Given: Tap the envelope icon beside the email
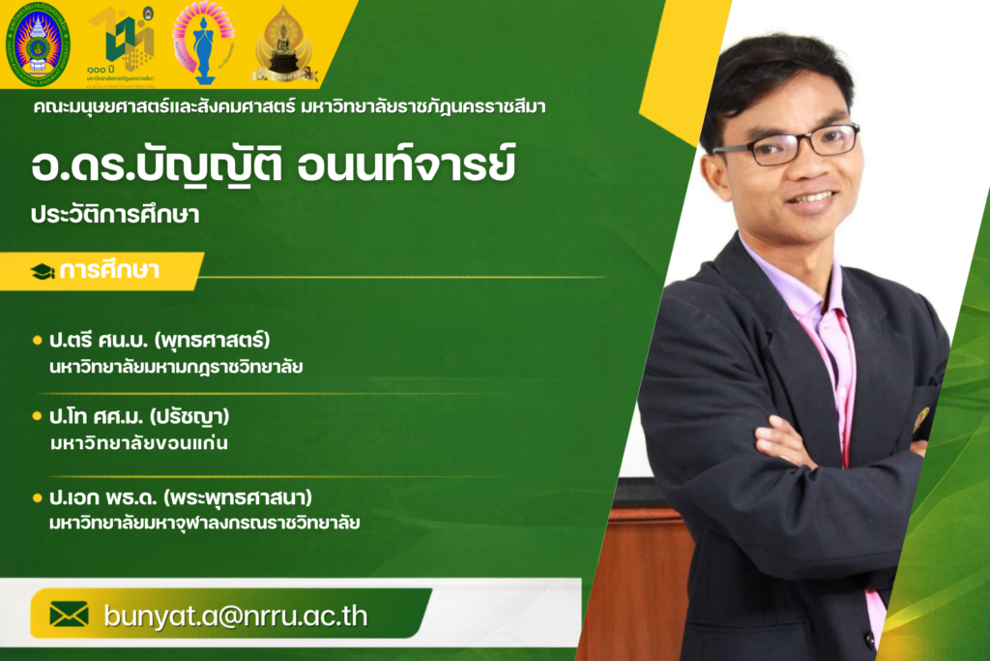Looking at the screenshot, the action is [69, 615].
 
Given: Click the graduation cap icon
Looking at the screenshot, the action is [43, 272].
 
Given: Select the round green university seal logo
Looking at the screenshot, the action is [38, 45].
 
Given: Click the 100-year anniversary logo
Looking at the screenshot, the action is [122, 45].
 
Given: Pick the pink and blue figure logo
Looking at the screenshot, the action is [203, 43].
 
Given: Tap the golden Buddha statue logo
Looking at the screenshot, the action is [283, 45].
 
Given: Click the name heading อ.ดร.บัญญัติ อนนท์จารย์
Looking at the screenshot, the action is [274, 164].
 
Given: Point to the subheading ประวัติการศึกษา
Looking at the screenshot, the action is [116, 215].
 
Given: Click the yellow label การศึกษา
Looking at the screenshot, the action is [109, 270].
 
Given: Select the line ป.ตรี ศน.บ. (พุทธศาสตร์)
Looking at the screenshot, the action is [160, 340].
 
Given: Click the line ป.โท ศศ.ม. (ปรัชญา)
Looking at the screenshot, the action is [139, 416].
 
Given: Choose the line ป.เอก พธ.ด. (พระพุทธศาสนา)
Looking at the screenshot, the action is [181, 497].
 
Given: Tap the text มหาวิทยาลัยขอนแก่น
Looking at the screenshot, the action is [139, 443].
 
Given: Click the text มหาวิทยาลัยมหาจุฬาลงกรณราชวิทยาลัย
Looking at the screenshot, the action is [205, 524].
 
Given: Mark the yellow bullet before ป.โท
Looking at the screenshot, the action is [38, 416].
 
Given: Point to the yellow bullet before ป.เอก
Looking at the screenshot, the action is [38, 497].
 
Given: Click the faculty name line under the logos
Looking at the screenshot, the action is [290, 106].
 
